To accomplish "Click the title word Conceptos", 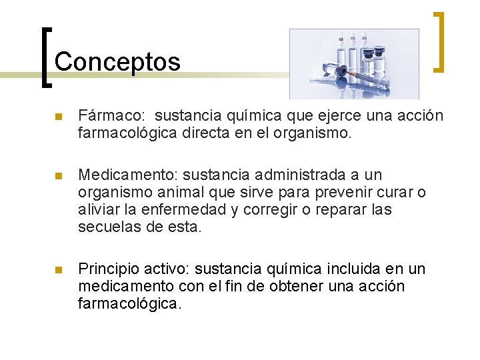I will pyautogui.click(x=117, y=62).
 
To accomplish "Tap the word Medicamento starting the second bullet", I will pyautogui.click(x=127, y=175).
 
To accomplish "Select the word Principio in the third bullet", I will pyautogui.click(x=105, y=269).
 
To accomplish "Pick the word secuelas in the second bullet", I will pyautogui.click(x=106, y=227).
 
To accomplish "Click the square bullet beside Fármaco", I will pyautogui.click(x=58, y=117).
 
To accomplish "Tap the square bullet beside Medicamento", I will pyautogui.click(x=58, y=177).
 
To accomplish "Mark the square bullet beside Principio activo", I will pyautogui.click(x=58, y=270).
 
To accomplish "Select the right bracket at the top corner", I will pyautogui.click(x=439, y=41).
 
